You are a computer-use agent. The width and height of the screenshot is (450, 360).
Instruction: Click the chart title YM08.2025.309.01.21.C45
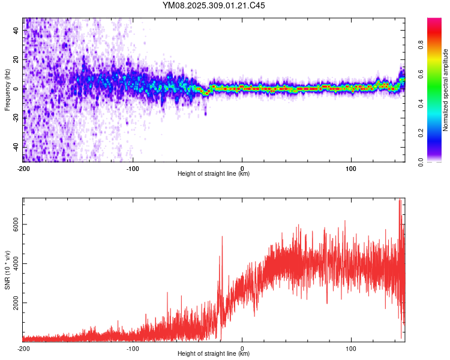pyautogui.click(x=214, y=5)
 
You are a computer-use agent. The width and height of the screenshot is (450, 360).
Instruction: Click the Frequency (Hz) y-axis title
pyautogui.click(x=7, y=90)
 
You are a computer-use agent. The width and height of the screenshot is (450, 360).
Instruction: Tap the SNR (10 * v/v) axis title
pyautogui.click(x=7, y=270)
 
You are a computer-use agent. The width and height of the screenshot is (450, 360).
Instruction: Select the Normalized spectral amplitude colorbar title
pyautogui.click(x=446, y=90)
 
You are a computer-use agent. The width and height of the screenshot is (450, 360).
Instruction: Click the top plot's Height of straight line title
pyautogui.click(x=214, y=174)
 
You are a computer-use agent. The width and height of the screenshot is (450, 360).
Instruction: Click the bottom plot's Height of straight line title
pyautogui.click(x=214, y=354)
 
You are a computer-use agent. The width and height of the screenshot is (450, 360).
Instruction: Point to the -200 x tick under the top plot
pyautogui.click(x=23, y=168)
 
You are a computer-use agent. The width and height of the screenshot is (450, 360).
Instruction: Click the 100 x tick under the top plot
pyautogui.click(x=352, y=168)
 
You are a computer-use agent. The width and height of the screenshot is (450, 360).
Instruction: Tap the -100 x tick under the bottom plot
pyautogui.click(x=133, y=348)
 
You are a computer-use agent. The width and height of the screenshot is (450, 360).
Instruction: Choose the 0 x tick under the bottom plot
pyautogui.click(x=242, y=348)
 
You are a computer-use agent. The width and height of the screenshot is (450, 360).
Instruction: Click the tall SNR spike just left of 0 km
pyautogui.click(x=222, y=238)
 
